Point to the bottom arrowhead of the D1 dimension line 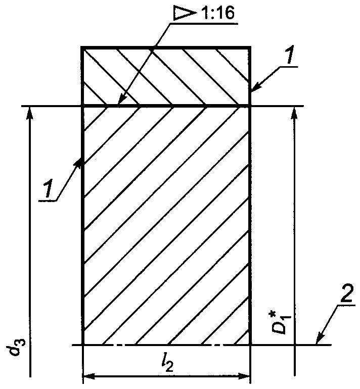click(x=293, y=339)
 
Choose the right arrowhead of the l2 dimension click(x=245, y=376)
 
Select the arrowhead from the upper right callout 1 click(x=254, y=89)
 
